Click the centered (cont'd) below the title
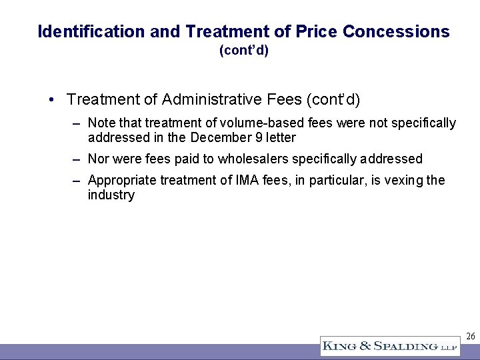(x=243, y=51)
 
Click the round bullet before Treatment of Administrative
(x=52, y=100)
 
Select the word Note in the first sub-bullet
(x=101, y=123)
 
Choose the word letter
(x=281, y=138)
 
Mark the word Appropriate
(x=120, y=180)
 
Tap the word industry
(x=111, y=195)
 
